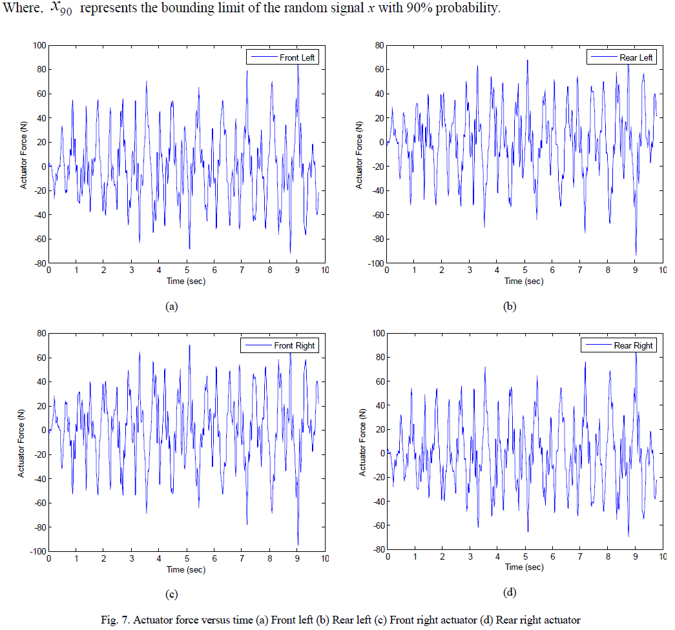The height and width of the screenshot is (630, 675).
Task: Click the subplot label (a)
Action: tap(171, 307)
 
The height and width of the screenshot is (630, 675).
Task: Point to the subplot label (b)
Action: tap(510, 307)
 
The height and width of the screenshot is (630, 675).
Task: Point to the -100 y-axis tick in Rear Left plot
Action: tap(373, 263)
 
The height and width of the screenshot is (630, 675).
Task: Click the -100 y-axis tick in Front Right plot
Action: tap(36, 551)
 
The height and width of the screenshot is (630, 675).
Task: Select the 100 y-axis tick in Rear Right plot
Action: tap(377, 333)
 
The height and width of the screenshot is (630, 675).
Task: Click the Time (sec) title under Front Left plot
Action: tap(186, 281)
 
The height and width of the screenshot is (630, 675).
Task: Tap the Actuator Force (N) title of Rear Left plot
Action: tap(360, 154)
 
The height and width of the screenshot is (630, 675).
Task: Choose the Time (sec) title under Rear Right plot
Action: tap(524, 568)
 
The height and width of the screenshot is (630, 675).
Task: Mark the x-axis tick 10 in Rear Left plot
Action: tap(663, 272)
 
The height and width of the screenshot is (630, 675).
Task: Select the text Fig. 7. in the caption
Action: tap(115, 620)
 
